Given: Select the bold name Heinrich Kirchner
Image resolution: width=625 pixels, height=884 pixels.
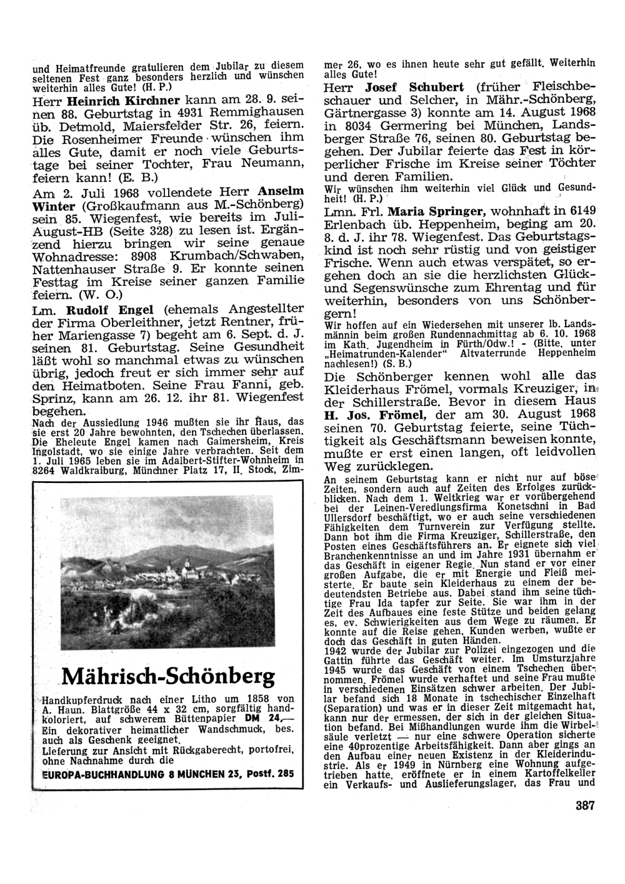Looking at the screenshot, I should [x=124, y=100].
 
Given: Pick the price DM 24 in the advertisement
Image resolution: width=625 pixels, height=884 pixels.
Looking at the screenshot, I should [x=276, y=718].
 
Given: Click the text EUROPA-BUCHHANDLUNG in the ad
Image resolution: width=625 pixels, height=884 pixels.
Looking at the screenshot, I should [x=90, y=773].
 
